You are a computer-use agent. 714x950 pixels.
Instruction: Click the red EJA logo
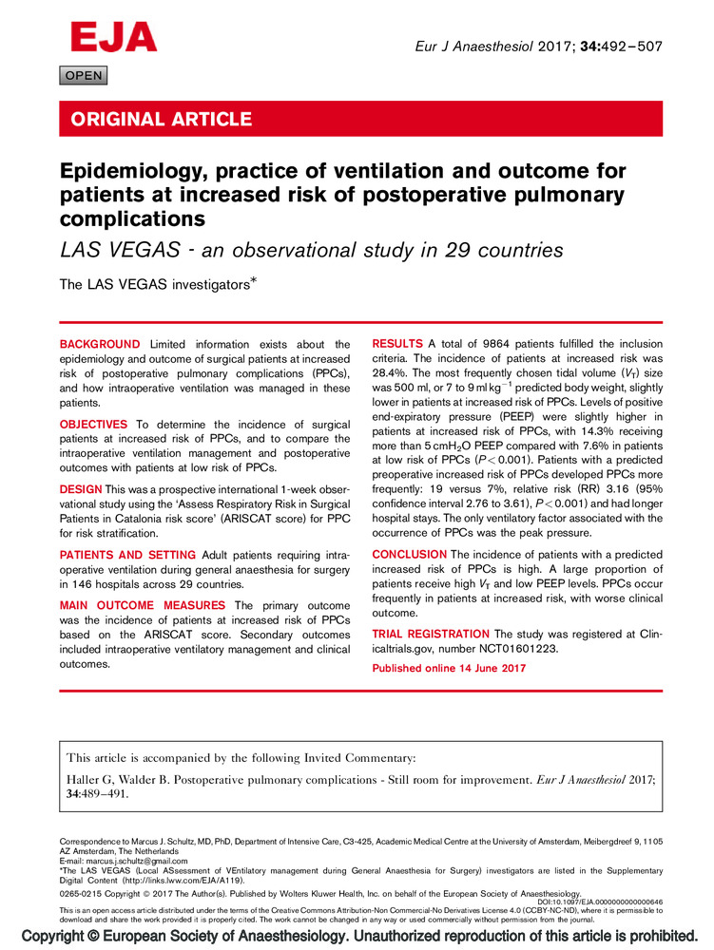tap(113, 37)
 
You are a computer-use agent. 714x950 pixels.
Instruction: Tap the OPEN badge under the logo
tap(84, 76)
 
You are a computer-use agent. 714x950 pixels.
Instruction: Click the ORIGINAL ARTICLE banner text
tap(158, 120)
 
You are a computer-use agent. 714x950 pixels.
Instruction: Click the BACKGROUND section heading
tap(100, 344)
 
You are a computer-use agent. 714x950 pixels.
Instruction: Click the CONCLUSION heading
tap(409, 554)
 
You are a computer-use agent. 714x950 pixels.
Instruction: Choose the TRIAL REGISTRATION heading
tap(430, 633)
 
